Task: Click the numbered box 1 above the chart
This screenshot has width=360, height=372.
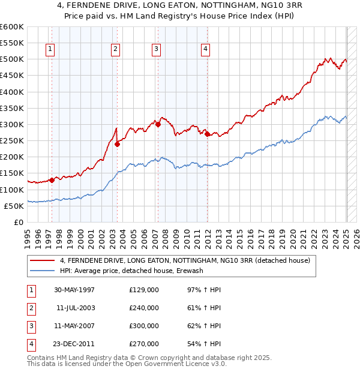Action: pyautogui.click(x=50, y=49)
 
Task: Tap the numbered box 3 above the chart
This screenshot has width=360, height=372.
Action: pyautogui.click(x=156, y=49)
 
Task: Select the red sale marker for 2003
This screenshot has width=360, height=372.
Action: pyautogui.click(x=118, y=144)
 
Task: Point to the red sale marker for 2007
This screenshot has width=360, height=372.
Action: pyautogui.click(x=158, y=124)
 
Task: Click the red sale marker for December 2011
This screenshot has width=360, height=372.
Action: pyautogui.click(x=207, y=134)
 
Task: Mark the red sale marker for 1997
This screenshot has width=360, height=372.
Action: pyautogui.click(x=52, y=180)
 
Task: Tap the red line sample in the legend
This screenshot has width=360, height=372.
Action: pyautogui.click(x=43, y=260)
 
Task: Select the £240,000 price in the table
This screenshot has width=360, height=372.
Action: pyautogui.click(x=144, y=308)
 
